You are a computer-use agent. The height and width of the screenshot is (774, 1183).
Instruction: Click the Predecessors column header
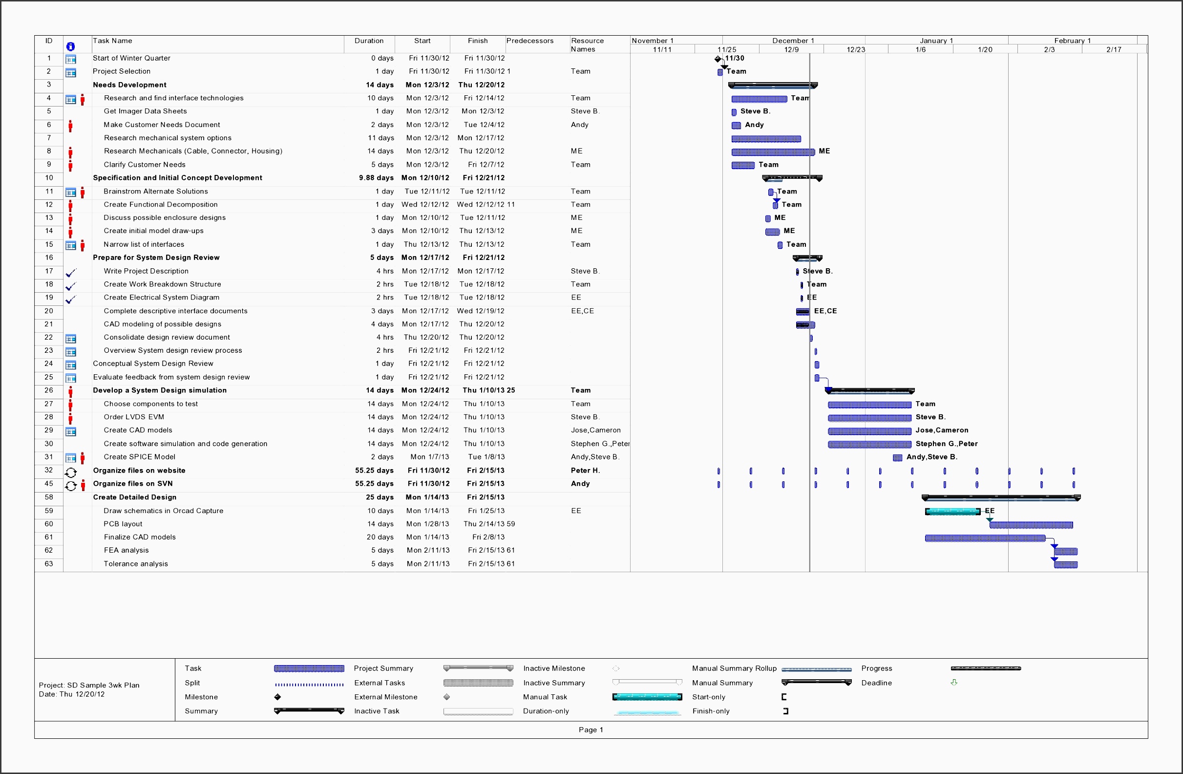[529, 41]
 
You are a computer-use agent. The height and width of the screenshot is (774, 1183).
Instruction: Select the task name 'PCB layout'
[123, 524]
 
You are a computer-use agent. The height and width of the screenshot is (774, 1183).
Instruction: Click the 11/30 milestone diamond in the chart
[717, 59]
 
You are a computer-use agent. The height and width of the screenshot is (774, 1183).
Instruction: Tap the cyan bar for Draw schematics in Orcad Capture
[952, 512]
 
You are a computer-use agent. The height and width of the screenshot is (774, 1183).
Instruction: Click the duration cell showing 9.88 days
[376, 178]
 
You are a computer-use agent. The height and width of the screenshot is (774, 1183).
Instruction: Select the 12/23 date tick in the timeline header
[855, 49]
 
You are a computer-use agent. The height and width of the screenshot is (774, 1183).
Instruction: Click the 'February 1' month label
[1072, 41]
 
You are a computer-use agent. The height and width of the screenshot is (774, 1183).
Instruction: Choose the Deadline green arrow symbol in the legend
[953, 683]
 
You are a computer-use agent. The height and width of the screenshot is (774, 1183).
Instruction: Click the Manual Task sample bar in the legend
[647, 697]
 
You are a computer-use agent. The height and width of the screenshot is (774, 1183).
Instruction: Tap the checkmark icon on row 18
[71, 286]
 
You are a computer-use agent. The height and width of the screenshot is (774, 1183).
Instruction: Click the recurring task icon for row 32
[71, 472]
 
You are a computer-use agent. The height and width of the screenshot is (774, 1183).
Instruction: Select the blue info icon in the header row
[71, 46]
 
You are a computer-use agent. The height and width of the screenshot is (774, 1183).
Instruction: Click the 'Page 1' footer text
[591, 730]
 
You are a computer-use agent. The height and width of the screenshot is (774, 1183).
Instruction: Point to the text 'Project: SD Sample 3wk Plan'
[89, 685]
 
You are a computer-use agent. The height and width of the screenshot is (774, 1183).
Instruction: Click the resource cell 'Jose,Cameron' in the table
[595, 430]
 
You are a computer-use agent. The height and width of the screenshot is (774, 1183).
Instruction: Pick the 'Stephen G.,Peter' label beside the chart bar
[946, 444]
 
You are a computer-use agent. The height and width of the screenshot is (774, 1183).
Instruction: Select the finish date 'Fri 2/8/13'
[487, 537]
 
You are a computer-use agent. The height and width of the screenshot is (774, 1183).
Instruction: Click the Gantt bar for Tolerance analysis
[1065, 565]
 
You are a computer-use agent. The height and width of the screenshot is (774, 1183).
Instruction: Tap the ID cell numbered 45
[49, 484]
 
